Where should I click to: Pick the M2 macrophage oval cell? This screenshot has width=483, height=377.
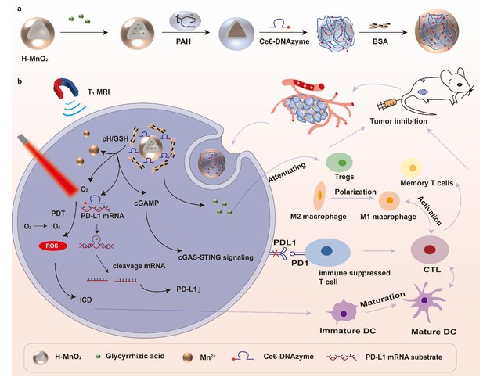pyautogui.click(x=321, y=192)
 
